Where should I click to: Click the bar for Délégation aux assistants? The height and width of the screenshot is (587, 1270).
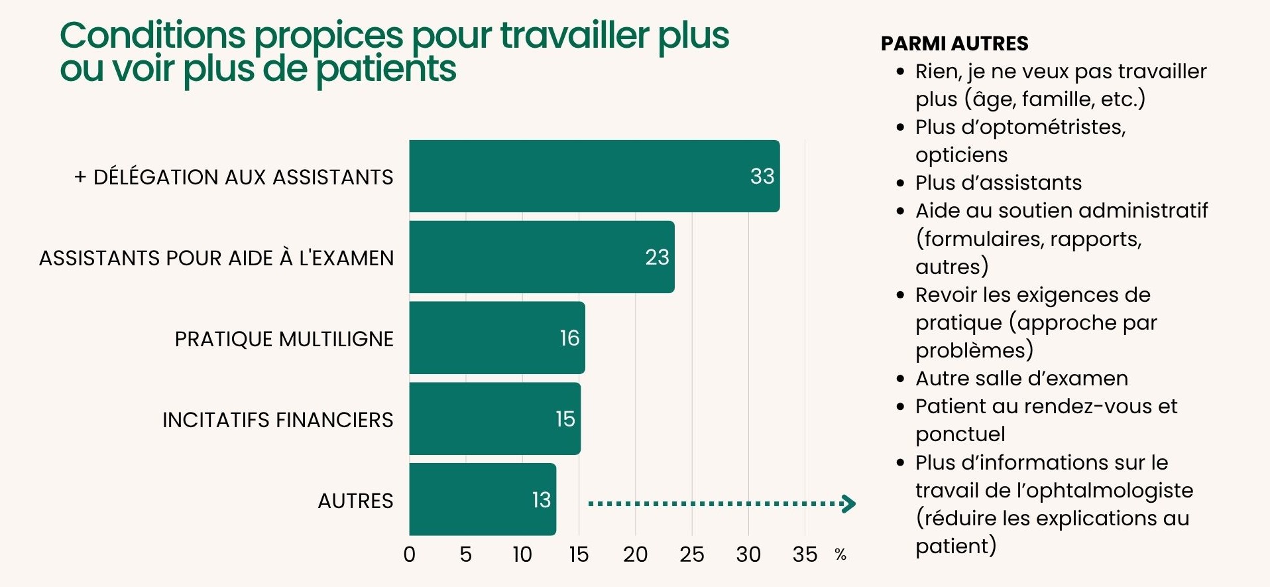coord(594,176)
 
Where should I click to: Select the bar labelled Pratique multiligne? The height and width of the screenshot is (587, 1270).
coord(496,338)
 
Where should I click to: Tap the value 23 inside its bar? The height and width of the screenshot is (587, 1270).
coord(657,257)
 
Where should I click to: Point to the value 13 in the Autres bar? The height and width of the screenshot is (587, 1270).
coord(541,499)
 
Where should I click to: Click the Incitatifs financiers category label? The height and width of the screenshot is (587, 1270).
coord(278,420)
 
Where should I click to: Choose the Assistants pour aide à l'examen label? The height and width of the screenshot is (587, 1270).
coord(216,258)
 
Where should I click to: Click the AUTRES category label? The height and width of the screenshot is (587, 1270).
coord(355,501)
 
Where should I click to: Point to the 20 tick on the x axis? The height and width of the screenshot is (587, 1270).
coord(635,554)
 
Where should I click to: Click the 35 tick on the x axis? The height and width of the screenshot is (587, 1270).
coord(805,554)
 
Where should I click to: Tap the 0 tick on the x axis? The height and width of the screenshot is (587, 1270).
coord(410,554)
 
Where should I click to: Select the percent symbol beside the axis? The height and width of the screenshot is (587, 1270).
coord(840,554)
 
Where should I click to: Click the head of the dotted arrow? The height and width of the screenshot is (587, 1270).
coord(848,503)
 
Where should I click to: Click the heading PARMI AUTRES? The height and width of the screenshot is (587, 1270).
coord(954,44)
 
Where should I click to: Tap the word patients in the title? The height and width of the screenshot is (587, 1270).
coord(386,69)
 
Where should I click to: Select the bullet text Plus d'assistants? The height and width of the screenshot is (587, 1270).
coord(998,182)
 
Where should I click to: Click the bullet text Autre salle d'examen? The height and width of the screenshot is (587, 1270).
coord(1021,378)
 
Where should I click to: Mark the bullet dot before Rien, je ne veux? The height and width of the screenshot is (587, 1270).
coord(899,71)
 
